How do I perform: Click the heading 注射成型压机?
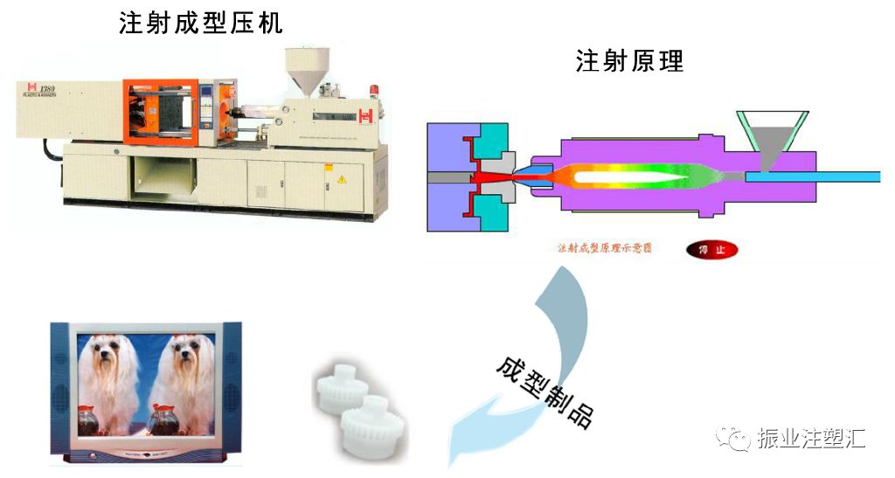tap(201, 23)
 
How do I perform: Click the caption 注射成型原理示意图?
tap(604, 248)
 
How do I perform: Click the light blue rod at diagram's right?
tap(852, 177)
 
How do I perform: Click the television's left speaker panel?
tap(60, 384)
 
